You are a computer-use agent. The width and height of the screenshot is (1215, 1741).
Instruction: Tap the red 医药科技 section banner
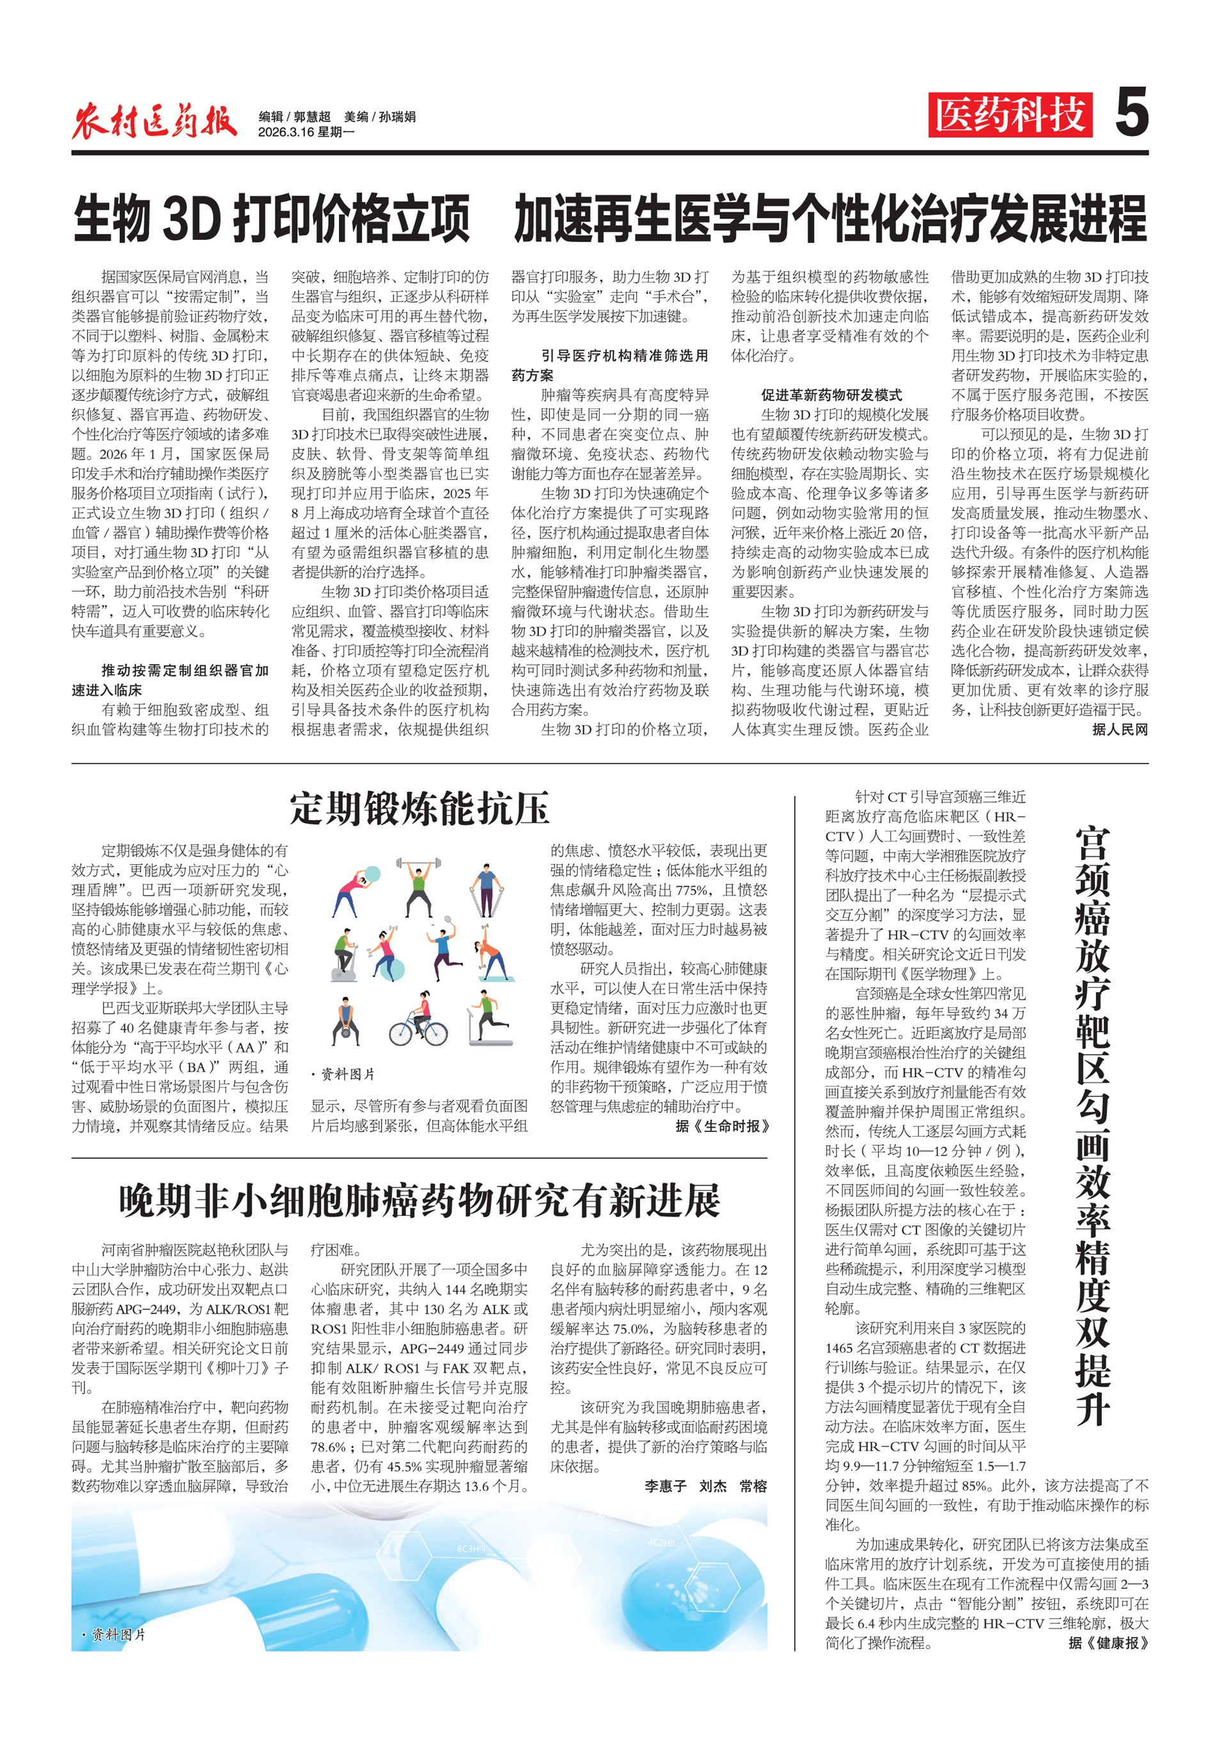click(1010, 115)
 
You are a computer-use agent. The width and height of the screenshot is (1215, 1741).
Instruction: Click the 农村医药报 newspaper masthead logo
click(155, 120)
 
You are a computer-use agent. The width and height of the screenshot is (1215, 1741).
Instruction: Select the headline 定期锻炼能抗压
click(419, 808)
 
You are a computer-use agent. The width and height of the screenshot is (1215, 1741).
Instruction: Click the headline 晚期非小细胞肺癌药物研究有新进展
click(419, 1201)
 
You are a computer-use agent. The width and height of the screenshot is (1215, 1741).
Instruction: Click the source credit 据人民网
click(1120, 729)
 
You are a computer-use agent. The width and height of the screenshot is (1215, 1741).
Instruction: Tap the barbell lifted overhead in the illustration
click(418, 863)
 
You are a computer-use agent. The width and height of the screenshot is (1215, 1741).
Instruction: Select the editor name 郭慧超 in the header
click(312, 117)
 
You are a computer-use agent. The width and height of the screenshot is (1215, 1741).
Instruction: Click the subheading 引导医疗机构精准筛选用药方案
click(609, 365)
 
